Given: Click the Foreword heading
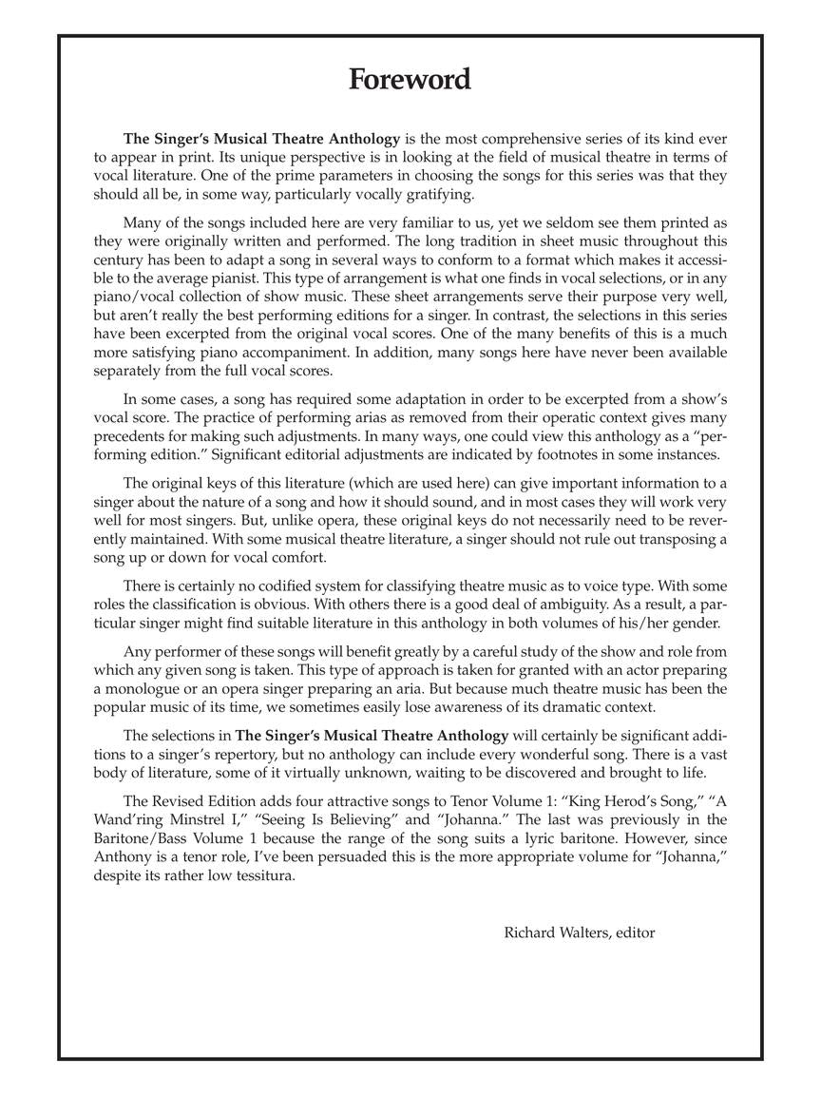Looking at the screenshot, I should [x=410, y=79].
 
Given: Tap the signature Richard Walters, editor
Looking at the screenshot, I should [x=579, y=932].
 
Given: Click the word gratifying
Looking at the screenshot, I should [x=435, y=194].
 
